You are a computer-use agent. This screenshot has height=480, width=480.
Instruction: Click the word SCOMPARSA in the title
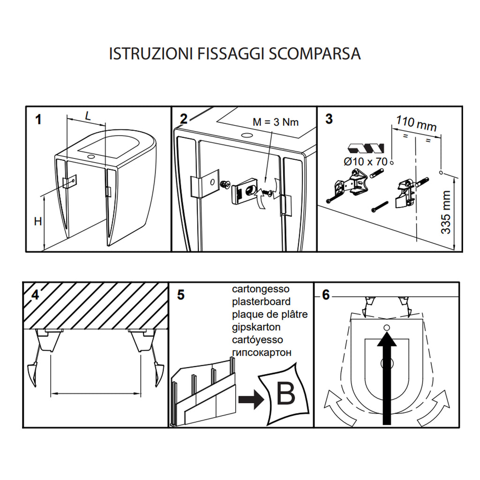pyautogui.click(x=315, y=53)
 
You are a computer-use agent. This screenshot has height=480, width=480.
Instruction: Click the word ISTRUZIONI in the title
pyautogui.click(x=150, y=53)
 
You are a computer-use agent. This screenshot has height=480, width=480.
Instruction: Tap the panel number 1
pyautogui.click(x=38, y=120)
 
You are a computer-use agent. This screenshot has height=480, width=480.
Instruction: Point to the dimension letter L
pyautogui.click(x=88, y=116)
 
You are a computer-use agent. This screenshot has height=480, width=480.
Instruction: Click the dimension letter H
pyautogui.click(x=38, y=221)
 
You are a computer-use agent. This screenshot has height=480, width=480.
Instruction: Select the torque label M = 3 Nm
pyautogui.click(x=275, y=122)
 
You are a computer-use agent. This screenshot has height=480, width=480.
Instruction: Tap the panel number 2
pyautogui.click(x=184, y=119)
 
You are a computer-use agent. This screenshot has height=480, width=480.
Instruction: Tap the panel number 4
pyautogui.click(x=35, y=295)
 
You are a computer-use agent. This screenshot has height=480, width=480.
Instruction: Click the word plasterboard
pyautogui.click(x=261, y=301)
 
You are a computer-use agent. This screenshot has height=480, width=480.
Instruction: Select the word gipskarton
pyautogui.click(x=256, y=327)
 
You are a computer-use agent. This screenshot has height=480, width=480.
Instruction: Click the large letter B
pyautogui.click(x=285, y=394)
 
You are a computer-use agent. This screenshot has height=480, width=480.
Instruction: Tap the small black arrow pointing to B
pyautogui.click(x=249, y=399)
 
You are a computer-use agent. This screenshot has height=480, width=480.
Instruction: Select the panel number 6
pyautogui.click(x=326, y=295)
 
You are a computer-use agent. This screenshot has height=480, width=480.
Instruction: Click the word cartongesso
pyautogui.click(x=261, y=289)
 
